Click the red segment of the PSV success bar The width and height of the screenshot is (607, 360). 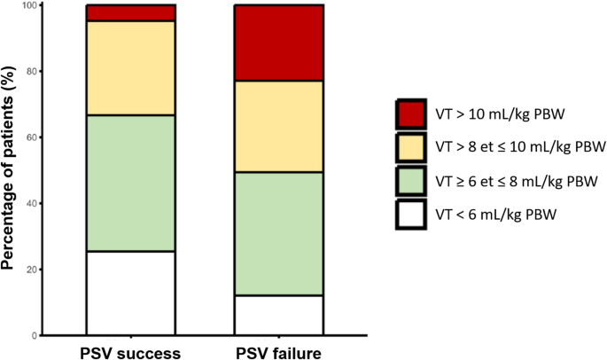coord(130,12)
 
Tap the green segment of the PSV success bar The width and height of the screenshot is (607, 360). coord(130,183)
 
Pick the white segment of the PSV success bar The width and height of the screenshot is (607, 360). coord(130,293)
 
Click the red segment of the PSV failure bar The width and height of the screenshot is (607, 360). coord(278,43)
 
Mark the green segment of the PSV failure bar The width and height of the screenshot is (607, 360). coord(278,233)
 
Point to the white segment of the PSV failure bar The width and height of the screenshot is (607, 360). coord(278,315)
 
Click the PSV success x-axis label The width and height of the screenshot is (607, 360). coord(130,352)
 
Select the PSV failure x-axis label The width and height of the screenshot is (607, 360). coord(278,352)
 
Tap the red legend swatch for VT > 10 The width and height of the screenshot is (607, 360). coord(413,114)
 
